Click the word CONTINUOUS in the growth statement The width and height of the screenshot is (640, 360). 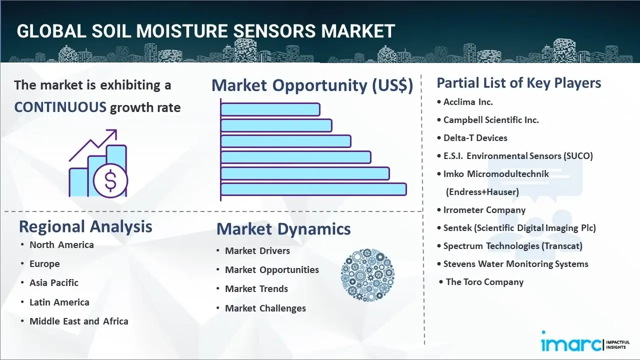60,107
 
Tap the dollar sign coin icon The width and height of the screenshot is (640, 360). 110,181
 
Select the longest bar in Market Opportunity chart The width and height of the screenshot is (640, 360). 313,189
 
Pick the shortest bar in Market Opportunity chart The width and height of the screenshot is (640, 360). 270,109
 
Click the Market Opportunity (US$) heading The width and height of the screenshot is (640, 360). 312,85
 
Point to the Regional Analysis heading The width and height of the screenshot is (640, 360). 85,226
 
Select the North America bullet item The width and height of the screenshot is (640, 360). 61,244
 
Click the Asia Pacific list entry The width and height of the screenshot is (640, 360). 54,282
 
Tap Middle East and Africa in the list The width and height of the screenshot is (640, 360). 78,321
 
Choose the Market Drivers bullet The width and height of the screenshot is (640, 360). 257,250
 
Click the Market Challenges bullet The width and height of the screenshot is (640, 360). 265,308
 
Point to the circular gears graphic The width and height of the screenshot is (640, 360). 367,275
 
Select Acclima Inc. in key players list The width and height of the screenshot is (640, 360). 468,102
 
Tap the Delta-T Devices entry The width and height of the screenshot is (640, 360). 475,138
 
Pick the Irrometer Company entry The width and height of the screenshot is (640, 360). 484,210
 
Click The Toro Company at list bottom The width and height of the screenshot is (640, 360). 484,282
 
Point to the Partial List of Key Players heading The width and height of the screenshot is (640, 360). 519,82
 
